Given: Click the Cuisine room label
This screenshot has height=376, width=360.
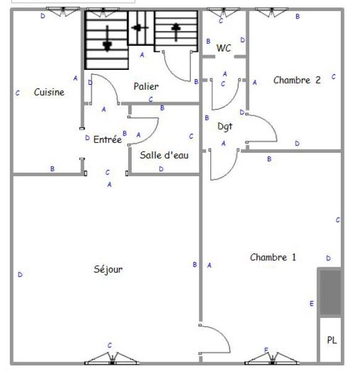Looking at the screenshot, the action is click(x=49, y=92).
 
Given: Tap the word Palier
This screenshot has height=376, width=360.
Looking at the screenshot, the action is click(x=146, y=87).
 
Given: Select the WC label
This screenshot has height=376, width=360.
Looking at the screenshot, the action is click(x=223, y=48).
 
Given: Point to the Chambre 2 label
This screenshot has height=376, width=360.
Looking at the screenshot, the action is click(x=297, y=80).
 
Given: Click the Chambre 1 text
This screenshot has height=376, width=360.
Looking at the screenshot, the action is click(x=273, y=257).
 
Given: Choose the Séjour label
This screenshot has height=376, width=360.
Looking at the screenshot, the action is click(x=108, y=269).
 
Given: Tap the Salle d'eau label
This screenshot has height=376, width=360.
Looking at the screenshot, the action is click(x=164, y=155).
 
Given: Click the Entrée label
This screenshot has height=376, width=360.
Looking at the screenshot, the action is click(x=108, y=139).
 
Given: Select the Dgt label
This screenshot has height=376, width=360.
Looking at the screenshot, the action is click(x=225, y=126).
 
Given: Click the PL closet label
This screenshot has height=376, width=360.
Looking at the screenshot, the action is click(x=332, y=340).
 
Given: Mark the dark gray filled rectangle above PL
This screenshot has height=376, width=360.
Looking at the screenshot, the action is click(x=330, y=292).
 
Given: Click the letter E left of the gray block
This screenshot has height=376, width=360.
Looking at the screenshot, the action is click(x=312, y=304).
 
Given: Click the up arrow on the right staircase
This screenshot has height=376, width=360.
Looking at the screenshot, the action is click(x=176, y=32).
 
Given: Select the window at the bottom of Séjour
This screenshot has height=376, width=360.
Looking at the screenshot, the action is click(x=112, y=359).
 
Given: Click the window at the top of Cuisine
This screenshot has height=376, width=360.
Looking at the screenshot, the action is click(x=63, y=12).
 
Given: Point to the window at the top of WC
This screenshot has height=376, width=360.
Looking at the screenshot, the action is click(x=223, y=12).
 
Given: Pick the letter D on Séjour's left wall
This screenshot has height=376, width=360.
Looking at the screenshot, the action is click(x=20, y=275).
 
